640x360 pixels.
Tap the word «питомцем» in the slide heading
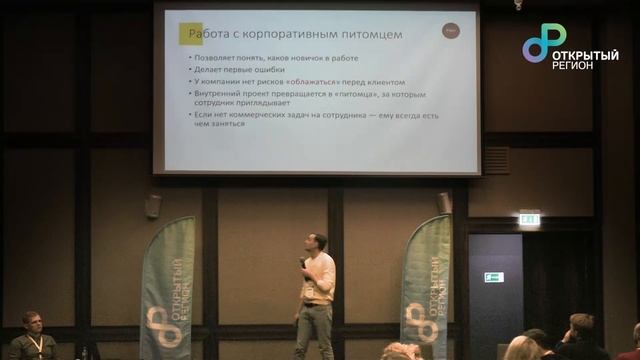(x=371, y=34)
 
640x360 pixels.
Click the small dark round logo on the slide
(x=450, y=34)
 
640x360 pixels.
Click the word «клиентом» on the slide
(x=385, y=83)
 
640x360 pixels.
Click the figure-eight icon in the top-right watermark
(x=544, y=42)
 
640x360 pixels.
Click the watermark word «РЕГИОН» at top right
(x=572, y=64)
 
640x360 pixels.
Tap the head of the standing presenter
(x=317, y=243)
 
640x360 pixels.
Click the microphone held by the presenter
(x=302, y=263)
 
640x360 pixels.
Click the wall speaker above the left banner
(x=153, y=205)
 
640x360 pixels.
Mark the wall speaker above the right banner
(x=444, y=202)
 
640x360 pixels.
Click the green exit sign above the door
(x=529, y=218)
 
